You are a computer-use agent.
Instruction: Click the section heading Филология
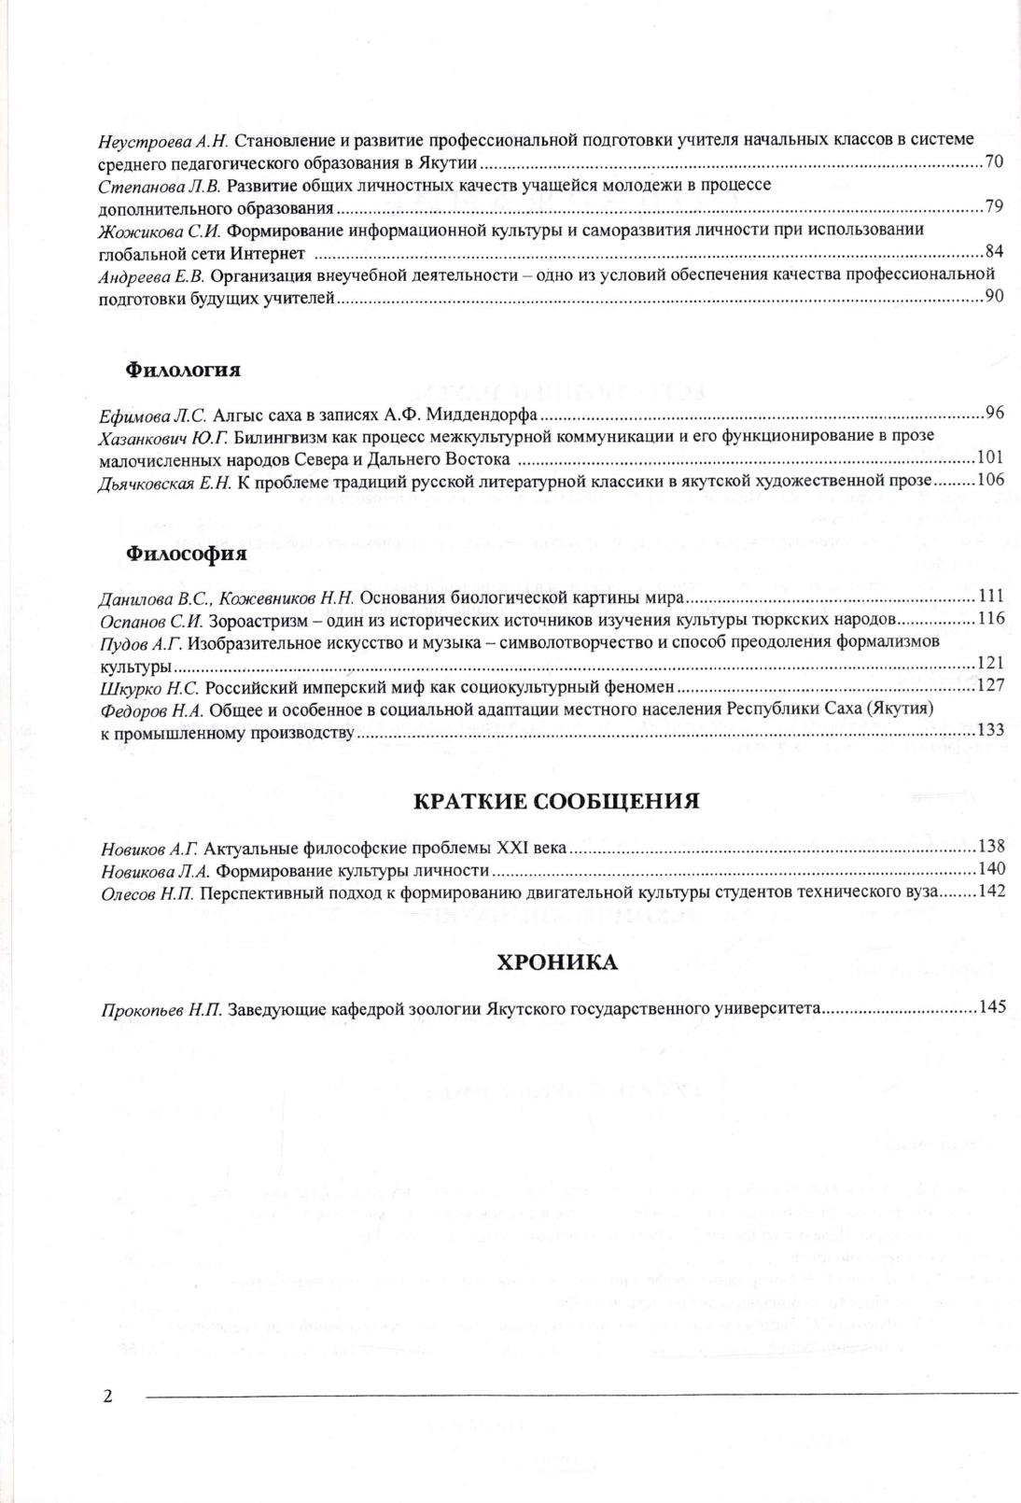point(183,370)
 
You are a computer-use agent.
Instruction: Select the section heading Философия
point(186,553)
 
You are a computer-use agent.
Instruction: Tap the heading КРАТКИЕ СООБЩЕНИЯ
point(556,801)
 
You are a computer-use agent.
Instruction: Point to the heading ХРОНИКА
point(556,962)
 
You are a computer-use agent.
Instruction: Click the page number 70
point(993,162)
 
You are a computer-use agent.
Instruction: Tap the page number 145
point(991,1007)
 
